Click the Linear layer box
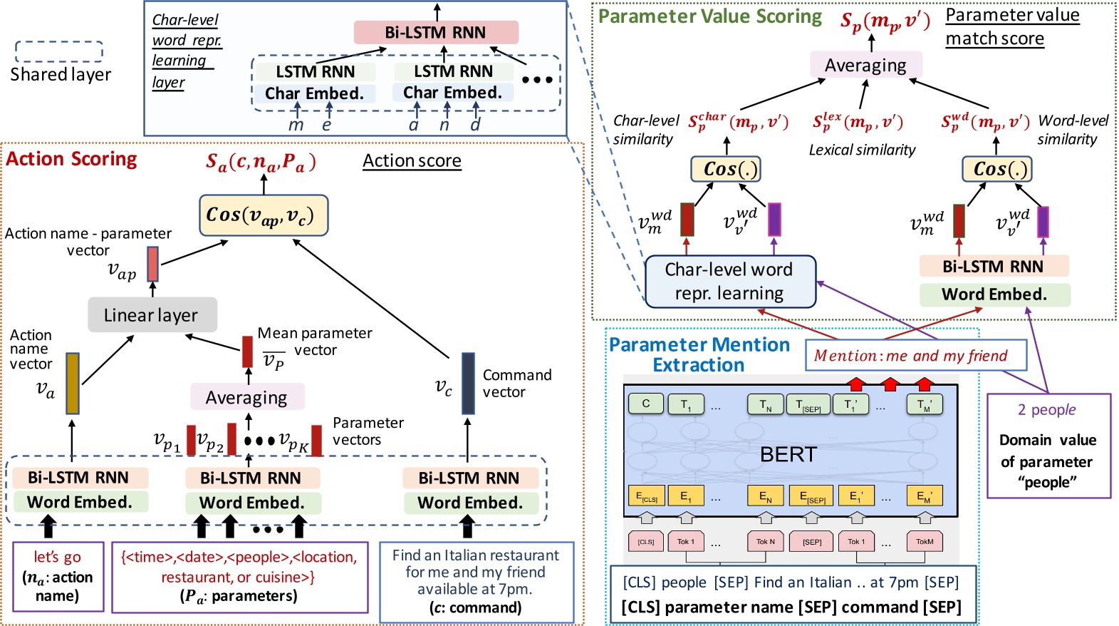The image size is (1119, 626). [152, 314]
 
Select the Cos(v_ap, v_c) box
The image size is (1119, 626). [264, 215]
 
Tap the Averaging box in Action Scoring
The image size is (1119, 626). [246, 397]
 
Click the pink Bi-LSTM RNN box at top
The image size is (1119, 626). [435, 32]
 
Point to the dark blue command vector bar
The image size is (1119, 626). [468, 384]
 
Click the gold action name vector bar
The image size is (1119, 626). [72, 384]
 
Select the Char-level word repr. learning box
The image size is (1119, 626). [729, 282]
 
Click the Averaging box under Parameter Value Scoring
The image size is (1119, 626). [865, 65]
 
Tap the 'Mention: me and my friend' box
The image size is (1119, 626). [915, 355]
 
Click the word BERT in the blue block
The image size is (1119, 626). [788, 454]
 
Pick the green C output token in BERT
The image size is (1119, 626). [645, 404]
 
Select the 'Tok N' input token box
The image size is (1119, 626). [765, 542]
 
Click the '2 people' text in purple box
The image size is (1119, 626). [1046, 410]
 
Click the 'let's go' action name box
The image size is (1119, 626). [58, 576]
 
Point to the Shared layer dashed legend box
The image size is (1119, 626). [59, 51]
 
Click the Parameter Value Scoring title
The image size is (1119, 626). [709, 16]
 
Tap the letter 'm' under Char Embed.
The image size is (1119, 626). [296, 125]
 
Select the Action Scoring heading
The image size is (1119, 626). [71, 159]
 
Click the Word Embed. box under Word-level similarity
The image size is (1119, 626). [994, 294]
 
